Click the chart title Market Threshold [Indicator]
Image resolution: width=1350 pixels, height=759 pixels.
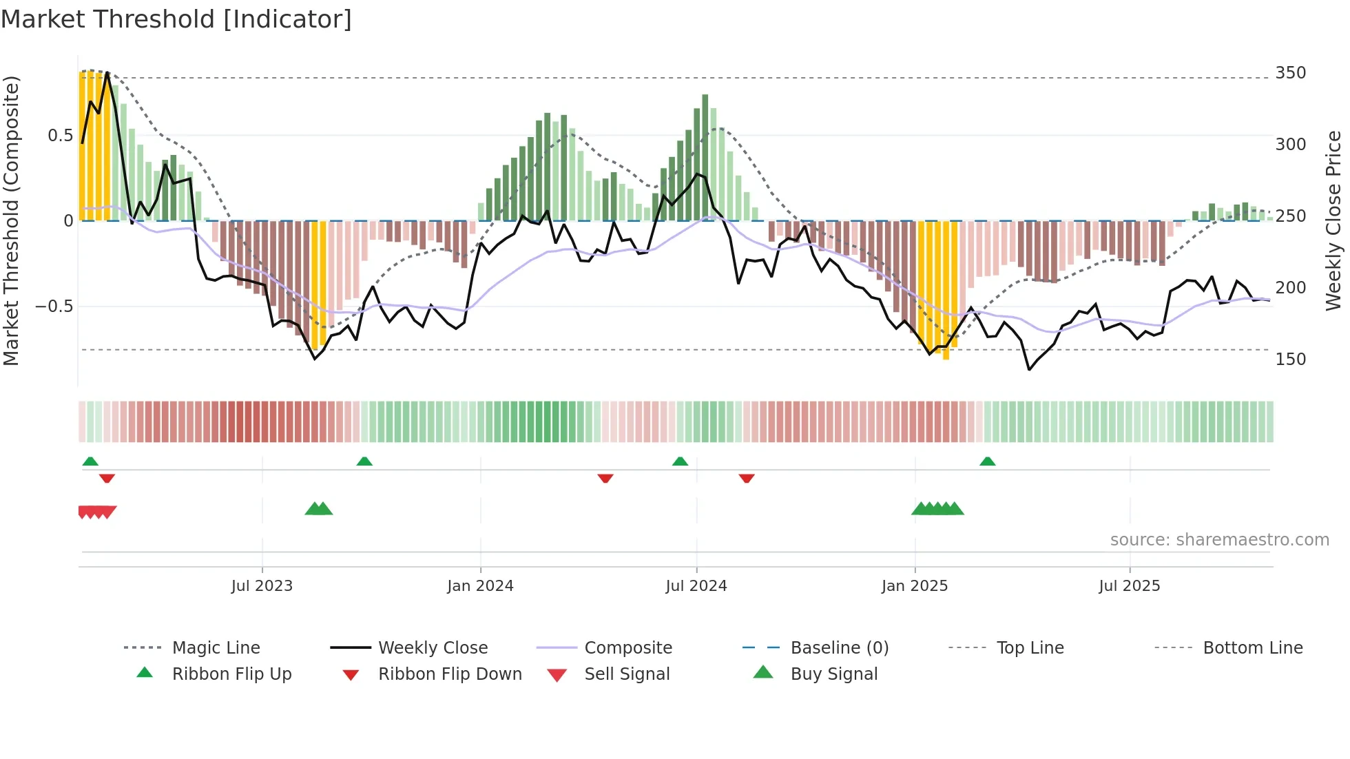tap(176, 19)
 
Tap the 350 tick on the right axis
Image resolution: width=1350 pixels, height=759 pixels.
tap(1290, 73)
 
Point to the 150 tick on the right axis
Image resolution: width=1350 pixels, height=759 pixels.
tap(1290, 360)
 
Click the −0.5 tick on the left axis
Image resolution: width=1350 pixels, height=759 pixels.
tap(54, 306)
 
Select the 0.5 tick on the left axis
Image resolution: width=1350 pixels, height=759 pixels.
tap(60, 136)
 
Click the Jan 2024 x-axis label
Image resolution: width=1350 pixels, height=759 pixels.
tap(480, 586)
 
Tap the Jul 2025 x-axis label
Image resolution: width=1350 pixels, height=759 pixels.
tap(1129, 586)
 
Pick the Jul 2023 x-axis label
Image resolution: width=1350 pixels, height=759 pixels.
tap(262, 586)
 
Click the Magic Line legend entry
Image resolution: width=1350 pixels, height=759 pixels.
tap(216, 648)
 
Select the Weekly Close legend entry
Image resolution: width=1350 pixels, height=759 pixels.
tap(433, 648)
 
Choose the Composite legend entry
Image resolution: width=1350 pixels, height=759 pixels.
tap(627, 648)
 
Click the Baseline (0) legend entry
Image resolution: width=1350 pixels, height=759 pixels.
tap(839, 648)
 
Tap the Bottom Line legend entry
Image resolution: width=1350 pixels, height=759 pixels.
tap(1252, 648)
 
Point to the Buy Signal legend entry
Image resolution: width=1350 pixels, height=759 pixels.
tap(833, 674)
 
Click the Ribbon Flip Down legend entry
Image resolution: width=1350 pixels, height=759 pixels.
tap(449, 674)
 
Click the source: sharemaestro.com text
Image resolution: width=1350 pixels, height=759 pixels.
tap(1219, 540)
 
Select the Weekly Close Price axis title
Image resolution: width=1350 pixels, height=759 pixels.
tap(1333, 220)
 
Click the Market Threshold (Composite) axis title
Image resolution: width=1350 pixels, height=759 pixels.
tap(11, 220)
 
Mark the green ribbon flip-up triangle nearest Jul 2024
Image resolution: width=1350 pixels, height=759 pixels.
tap(680, 461)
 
